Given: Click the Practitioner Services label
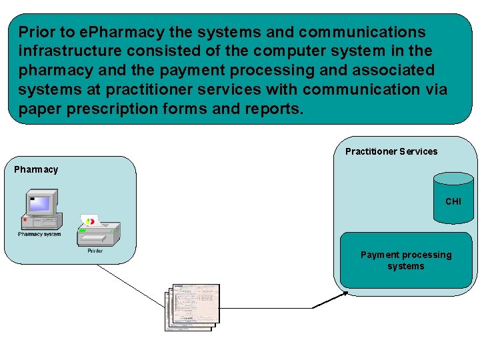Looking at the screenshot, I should point(391,151).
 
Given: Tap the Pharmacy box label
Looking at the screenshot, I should point(36,169).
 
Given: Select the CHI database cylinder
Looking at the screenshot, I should point(453,199).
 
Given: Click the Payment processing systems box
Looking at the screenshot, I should point(405,260).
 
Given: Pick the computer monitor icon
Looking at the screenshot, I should point(41,202).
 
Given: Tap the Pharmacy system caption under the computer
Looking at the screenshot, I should point(39,234).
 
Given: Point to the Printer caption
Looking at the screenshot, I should point(95,251).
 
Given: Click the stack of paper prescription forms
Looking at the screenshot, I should point(193,307).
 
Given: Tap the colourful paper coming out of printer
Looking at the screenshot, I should point(89,220).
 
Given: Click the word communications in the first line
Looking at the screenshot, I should point(362,32).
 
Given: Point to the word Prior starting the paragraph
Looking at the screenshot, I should point(37,32).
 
